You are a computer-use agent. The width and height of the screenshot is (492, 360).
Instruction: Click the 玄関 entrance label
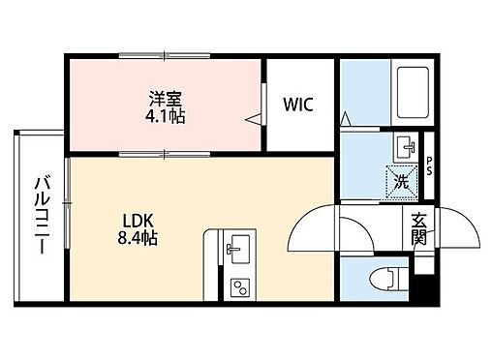pos(418,228)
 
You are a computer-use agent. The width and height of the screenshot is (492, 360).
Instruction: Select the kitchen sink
pos(235,249)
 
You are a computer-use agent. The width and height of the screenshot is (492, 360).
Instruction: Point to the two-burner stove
pos(237,286)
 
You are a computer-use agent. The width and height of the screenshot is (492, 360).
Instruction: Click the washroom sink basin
pos(405,149)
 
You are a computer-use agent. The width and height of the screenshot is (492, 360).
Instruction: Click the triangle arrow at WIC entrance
pos(254,120)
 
